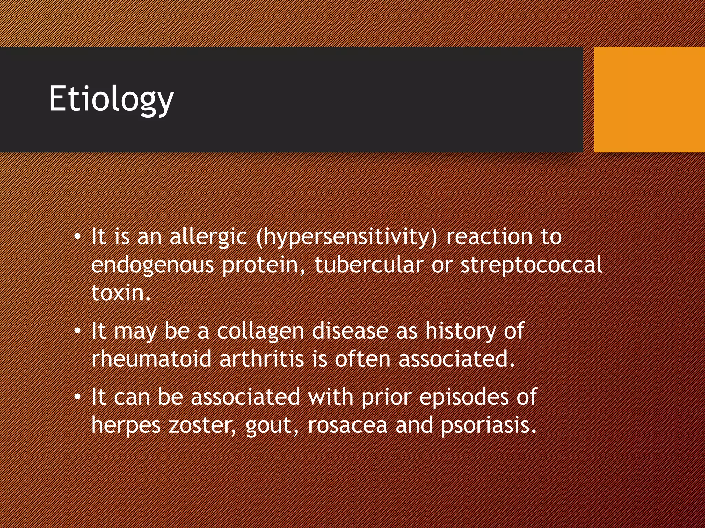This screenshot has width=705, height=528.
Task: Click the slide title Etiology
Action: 111,99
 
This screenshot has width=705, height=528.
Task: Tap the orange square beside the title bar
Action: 649,99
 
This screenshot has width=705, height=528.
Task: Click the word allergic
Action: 208,237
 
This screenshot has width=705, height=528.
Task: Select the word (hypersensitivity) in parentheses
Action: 347,238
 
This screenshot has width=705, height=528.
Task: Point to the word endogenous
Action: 152,265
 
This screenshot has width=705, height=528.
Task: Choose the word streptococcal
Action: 531,265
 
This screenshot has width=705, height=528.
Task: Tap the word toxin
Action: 120,293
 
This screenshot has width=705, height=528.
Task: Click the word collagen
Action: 260,331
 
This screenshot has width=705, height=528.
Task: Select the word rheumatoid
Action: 151,359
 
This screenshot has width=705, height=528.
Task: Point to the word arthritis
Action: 262,359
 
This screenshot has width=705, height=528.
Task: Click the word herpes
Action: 126,426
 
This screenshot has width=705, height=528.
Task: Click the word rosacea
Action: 348,426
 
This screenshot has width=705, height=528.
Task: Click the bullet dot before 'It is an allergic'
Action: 78,237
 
